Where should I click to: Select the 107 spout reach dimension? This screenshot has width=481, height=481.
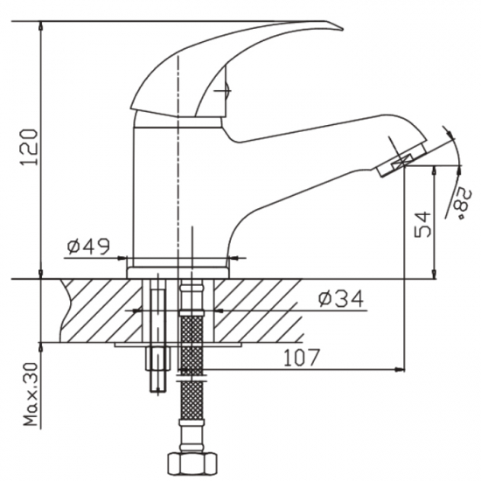point(300,357)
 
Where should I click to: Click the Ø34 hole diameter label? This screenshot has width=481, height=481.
point(340,299)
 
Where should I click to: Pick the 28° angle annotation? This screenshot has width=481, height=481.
point(462,200)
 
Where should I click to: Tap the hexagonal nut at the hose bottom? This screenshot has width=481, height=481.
point(189,463)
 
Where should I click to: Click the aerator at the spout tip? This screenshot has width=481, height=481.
point(403,164)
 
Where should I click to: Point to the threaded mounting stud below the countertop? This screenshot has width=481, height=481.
point(157,367)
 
